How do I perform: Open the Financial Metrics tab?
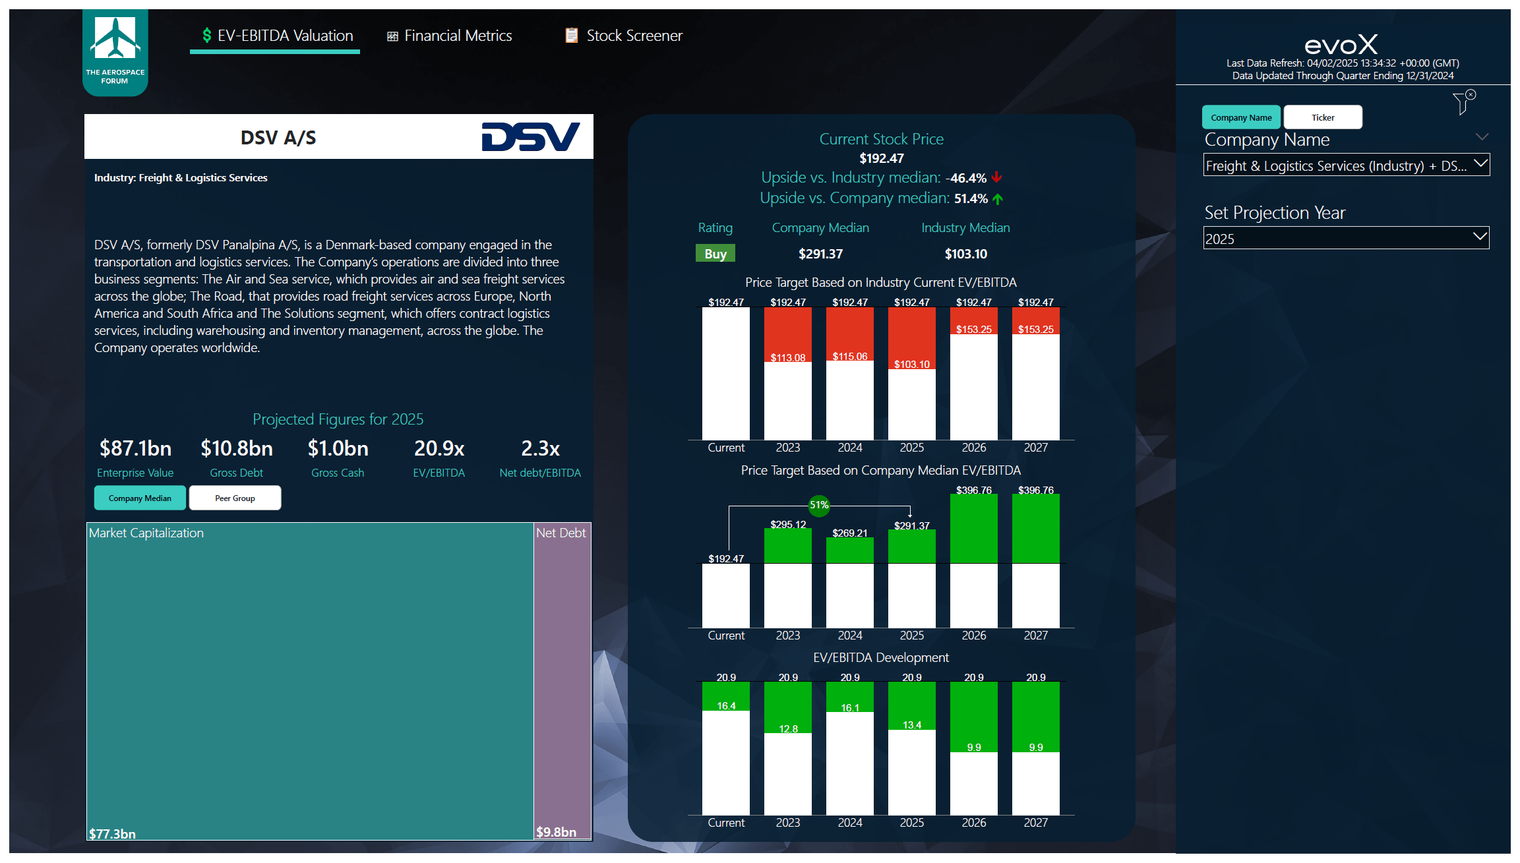(450, 36)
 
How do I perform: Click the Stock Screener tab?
(624, 36)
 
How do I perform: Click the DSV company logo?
(530, 136)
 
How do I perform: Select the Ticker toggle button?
(1322, 117)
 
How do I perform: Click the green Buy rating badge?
(715, 254)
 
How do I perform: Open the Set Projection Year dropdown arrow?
(1480, 237)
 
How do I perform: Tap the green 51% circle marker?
(818, 505)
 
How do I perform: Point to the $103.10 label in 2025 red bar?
(911, 364)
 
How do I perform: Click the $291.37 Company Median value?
(820, 254)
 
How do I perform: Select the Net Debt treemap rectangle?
(562, 679)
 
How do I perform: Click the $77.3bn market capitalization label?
(113, 833)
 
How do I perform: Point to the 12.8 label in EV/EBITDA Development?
(788, 729)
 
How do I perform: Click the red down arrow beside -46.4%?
(996, 177)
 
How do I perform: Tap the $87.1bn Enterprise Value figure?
(135, 448)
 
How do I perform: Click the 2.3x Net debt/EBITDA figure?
(540, 448)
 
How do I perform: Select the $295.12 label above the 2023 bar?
(788, 524)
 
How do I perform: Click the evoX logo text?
(1341, 45)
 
